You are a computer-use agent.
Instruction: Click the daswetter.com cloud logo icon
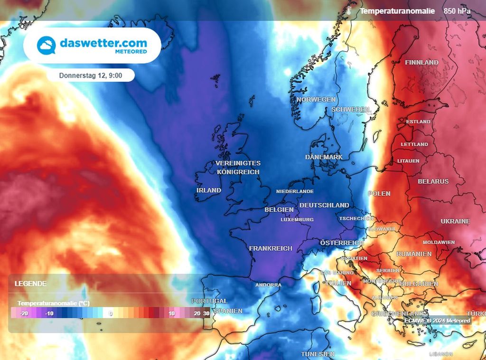tap(47, 46)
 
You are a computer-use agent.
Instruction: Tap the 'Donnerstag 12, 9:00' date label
tap(91, 75)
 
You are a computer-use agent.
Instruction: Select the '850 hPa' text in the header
tap(457, 10)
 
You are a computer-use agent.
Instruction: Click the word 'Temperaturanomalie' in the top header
tap(397, 10)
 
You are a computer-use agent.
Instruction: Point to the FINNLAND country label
tap(421, 62)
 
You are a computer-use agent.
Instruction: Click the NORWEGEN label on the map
tap(316, 100)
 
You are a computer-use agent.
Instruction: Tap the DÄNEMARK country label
tap(324, 157)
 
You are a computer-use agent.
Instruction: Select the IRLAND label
tap(209, 190)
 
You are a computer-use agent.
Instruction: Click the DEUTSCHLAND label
tap(324, 205)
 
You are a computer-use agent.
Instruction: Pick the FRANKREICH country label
tap(271, 248)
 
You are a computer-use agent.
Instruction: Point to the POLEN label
tap(379, 193)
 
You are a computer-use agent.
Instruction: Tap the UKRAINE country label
tap(455, 221)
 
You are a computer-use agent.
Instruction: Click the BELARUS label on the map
tap(433, 181)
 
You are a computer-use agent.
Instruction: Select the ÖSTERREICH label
tap(342, 242)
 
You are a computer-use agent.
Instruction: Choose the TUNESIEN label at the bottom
tap(318, 354)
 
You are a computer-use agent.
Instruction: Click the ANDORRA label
tap(268, 285)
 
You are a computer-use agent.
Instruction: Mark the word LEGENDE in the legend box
tap(30, 284)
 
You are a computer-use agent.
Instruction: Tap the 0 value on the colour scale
tap(111, 313)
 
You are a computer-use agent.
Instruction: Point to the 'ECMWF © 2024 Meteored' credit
tap(437, 321)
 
